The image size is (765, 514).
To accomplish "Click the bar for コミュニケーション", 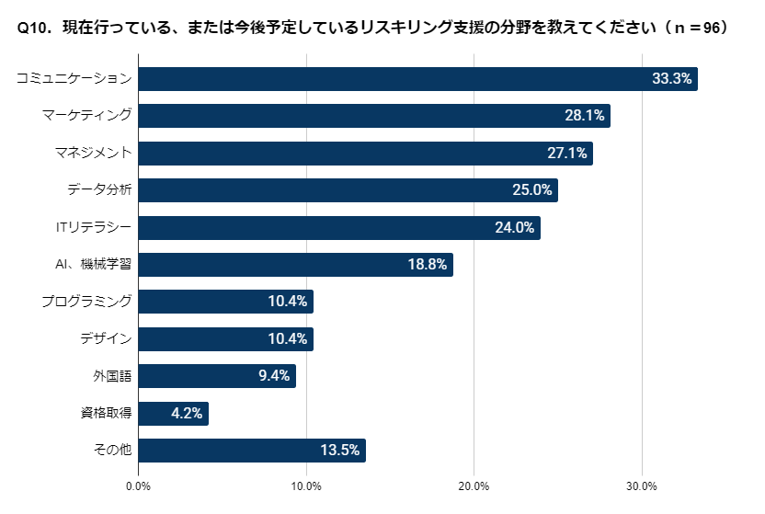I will [x=417, y=79].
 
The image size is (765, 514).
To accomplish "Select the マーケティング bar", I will [x=374, y=116].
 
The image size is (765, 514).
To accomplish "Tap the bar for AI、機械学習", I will [x=295, y=265].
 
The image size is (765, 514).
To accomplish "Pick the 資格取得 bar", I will [x=174, y=414].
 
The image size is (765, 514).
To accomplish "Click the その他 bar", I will [x=252, y=451].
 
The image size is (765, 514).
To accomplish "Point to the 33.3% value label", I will [x=671, y=79].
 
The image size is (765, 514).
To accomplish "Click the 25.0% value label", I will [x=531, y=190].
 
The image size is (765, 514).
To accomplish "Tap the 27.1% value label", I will [x=566, y=154].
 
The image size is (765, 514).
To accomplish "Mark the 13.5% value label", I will [x=339, y=451].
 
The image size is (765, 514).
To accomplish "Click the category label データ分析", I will [x=99, y=190].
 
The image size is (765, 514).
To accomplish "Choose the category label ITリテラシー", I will [x=94, y=227].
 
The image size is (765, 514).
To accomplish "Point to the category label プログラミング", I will [x=87, y=302].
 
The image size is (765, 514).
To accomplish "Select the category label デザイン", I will [x=106, y=339].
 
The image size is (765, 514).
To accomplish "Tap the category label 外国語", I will [x=112, y=376].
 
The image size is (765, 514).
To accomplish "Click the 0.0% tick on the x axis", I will [x=139, y=485].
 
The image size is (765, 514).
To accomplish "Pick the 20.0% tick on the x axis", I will [x=474, y=485].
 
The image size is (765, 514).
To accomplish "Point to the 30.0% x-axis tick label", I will [x=641, y=485].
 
